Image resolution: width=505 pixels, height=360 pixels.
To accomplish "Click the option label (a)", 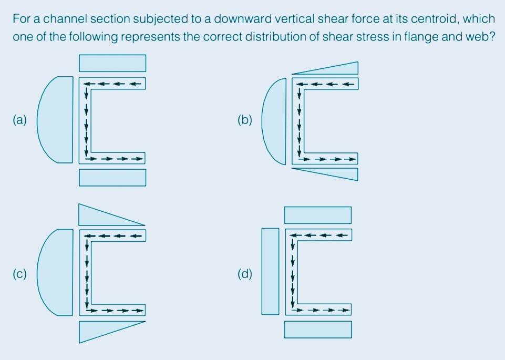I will coord(19,120).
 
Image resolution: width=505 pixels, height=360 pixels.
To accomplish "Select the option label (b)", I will coord(244,120).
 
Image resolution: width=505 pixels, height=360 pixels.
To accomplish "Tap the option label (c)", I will coord(19,273).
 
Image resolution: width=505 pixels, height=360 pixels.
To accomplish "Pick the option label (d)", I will coord(244,273).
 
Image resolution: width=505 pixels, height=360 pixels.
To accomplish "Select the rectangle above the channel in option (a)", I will coord(112,63).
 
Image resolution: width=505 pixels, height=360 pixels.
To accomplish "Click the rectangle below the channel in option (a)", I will coord(112,177).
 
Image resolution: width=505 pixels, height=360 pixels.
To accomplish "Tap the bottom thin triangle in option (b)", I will coord(336,172).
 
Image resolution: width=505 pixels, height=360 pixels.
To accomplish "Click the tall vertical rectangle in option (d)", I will coord(270,271).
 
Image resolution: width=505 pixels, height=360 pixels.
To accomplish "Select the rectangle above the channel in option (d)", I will coord(318,215).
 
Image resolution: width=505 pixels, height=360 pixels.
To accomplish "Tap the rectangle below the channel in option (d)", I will coord(318,330).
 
